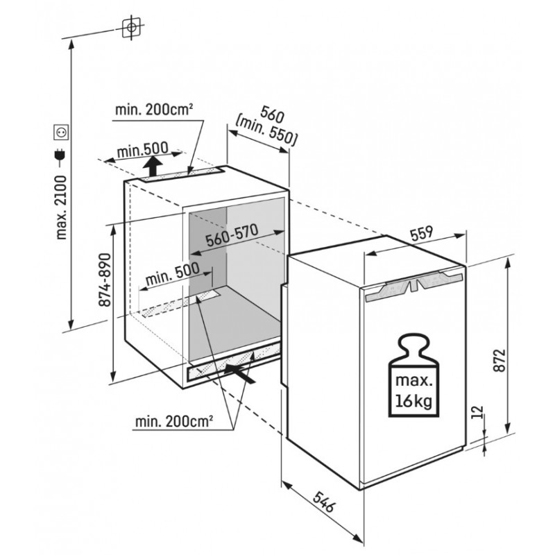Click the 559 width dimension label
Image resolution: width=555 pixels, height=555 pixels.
tap(422, 234)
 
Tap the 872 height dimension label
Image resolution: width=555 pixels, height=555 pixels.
tap(499, 360)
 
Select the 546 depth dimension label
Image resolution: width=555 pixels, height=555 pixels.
tap(323, 502)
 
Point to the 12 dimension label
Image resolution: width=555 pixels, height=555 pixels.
tap(477, 411)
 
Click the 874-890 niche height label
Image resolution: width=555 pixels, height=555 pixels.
tap(105, 280)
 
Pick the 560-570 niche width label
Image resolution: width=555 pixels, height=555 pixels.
tap(232, 235)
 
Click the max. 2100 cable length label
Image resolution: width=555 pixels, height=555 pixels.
tap(61, 207)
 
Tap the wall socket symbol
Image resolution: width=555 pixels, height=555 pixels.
tap(60, 132)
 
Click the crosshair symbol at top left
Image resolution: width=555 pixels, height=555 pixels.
tap(131, 27)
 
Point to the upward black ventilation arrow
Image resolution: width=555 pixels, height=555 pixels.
tap(153, 166)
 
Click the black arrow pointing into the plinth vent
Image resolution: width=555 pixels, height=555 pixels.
tap(239, 374)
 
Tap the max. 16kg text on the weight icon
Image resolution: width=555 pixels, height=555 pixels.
tap(413, 391)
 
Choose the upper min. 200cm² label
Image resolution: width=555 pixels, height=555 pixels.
tap(154, 110)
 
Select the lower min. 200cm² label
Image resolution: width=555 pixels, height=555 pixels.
tap(174, 422)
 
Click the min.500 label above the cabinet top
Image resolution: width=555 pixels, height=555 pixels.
tap(142, 150)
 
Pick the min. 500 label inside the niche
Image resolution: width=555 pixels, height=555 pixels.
tap(172, 273)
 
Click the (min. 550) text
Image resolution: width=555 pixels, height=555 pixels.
tap(266, 131)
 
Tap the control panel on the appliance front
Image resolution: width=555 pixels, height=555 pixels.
tap(413, 285)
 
